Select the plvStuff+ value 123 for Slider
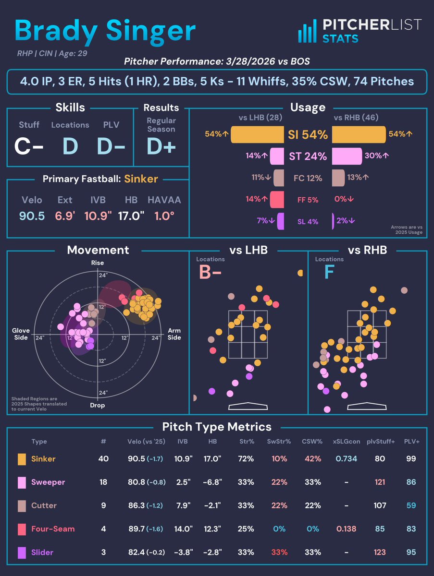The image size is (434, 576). click(x=380, y=552)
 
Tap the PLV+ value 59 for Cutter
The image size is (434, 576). click(x=410, y=505)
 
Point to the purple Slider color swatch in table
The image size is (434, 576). click(x=22, y=552)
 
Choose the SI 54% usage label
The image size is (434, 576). click(x=308, y=135)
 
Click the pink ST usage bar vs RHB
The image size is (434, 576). click(x=347, y=156)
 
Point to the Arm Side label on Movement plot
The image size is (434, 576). click(x=174, y=334)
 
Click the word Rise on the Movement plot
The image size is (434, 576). click(x=97, y=263)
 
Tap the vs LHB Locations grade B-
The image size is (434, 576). click(x=210, y=272)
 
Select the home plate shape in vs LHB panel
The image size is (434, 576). click(x=248, y=406)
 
